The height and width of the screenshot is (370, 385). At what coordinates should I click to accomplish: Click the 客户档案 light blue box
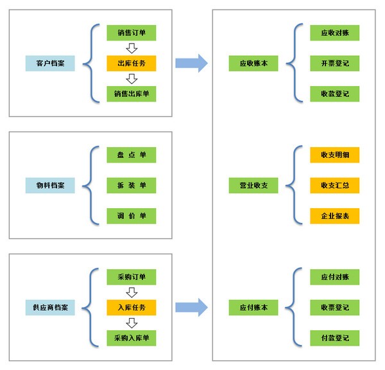click(50, 64)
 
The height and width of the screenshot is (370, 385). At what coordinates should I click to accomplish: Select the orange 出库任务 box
click(132, 64)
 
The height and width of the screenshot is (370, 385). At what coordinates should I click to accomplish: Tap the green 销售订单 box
click(132, 33)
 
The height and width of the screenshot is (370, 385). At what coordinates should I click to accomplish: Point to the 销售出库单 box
click(132, 94)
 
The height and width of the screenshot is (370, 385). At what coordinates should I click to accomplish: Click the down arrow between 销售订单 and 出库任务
click(132, 48)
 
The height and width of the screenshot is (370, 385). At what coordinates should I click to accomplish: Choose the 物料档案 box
click(50, 186)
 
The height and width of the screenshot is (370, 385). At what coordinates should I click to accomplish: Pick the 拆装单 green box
click(132, 186)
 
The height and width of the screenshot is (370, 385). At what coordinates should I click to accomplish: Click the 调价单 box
click(132, 216)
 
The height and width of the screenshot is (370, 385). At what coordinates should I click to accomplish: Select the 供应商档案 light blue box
click(50, 308)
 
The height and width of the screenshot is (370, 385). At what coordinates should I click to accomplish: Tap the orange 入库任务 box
click(132, 308)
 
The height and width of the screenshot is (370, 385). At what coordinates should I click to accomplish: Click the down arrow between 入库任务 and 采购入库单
click(132, 323)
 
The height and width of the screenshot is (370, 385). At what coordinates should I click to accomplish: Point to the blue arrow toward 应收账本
click(191, 64)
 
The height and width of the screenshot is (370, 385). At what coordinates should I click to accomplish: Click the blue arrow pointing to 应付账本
click(191, 308)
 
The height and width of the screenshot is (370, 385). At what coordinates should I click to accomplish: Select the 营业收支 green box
click(253, 186)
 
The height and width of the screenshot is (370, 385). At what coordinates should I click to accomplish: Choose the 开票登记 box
click(335, 64)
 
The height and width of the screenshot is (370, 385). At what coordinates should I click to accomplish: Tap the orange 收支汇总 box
click(335, 186)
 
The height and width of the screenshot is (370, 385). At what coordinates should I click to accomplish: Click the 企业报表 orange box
click(335, 216)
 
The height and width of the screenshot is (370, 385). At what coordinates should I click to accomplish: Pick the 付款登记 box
click(335, 339)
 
